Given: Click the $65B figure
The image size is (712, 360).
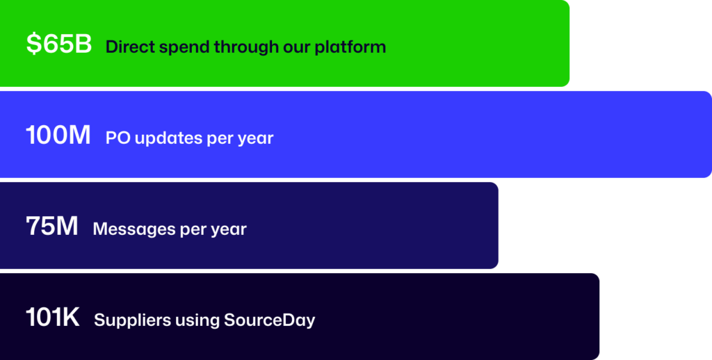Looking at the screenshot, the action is [x=59, y=44].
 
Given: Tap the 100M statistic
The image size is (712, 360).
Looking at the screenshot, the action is [x=58, y=136].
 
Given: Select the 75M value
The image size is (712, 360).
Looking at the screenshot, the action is [x=51, y=226].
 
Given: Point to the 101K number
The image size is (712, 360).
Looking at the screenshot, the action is [x=53, y=318].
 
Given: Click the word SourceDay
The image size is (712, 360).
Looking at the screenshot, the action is [x=269, y=320].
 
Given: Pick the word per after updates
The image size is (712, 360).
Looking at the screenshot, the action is [x=219, y=140].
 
